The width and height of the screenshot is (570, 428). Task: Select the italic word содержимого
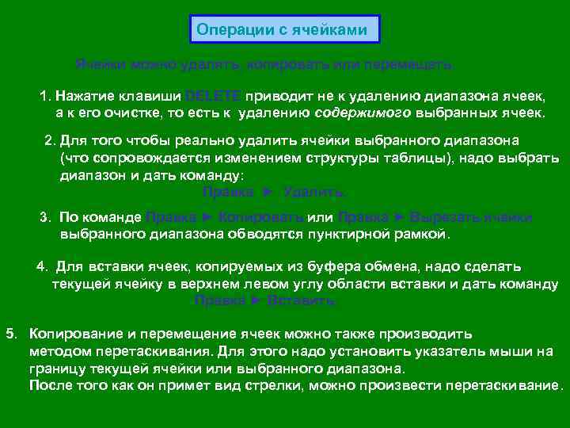[363, 113]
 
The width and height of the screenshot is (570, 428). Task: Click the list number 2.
[49, 140]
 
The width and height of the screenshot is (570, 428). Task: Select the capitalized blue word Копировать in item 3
[260, 217]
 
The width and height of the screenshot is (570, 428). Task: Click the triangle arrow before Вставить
[255, 300]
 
